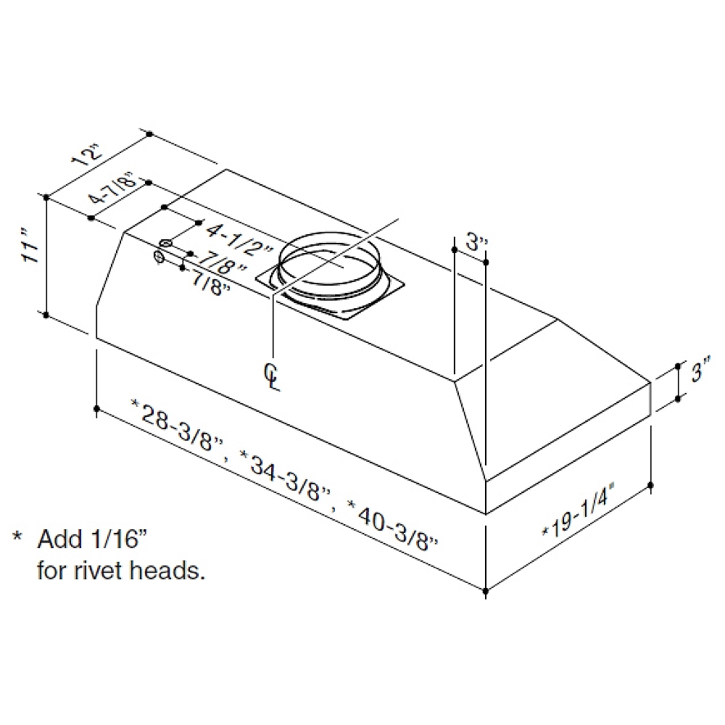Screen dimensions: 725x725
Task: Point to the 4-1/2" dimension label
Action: [x=238, y=241]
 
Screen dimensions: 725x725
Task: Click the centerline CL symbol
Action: [x=272, y=377]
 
